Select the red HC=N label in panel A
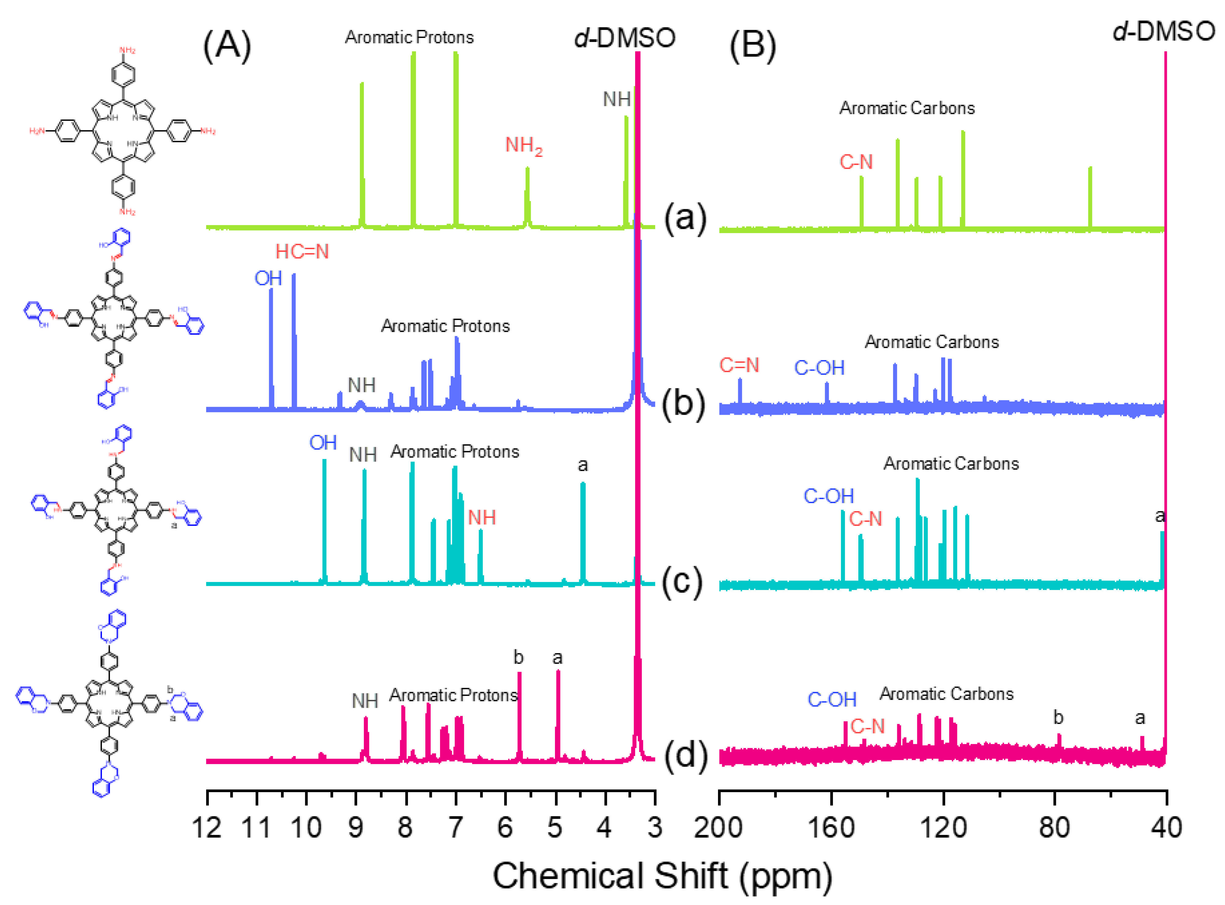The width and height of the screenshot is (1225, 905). [302, 252]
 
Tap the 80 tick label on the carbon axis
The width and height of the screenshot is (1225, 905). [1054, 828]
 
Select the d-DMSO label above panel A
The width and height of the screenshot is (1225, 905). [625, 38]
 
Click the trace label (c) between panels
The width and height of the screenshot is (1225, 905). [682, 582]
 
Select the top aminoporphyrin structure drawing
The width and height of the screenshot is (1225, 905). [123, 132]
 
